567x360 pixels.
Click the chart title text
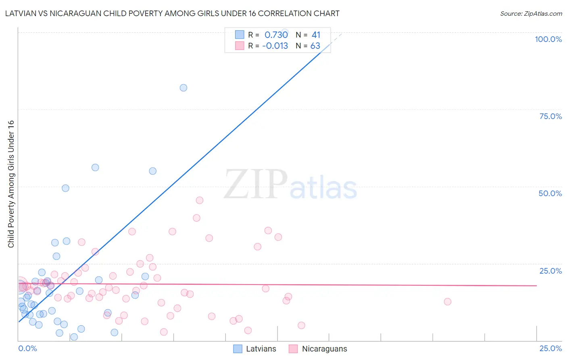click(172, 13)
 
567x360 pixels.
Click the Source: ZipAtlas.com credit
click(531, 13)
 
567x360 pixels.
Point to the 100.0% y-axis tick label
click(548, 39)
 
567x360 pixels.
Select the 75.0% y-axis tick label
click(550, 116)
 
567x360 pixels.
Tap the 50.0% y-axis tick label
click(550, 193)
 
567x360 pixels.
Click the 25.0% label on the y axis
click(550, 271)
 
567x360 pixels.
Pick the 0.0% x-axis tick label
click(27, 348)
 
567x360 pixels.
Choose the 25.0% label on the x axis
click(550, 348)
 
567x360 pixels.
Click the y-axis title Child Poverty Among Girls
click(11, 184)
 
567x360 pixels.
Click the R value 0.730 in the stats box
click(276, 35)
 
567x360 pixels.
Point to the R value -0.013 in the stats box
click(275, 46)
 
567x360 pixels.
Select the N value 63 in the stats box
click(315, 46)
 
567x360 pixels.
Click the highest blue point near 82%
click(183, 88)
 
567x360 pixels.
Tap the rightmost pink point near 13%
click(447, 301)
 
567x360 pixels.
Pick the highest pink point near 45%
click(199, 200)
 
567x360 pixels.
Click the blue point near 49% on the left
click(65, 188)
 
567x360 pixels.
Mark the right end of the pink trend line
click(536, 285)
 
